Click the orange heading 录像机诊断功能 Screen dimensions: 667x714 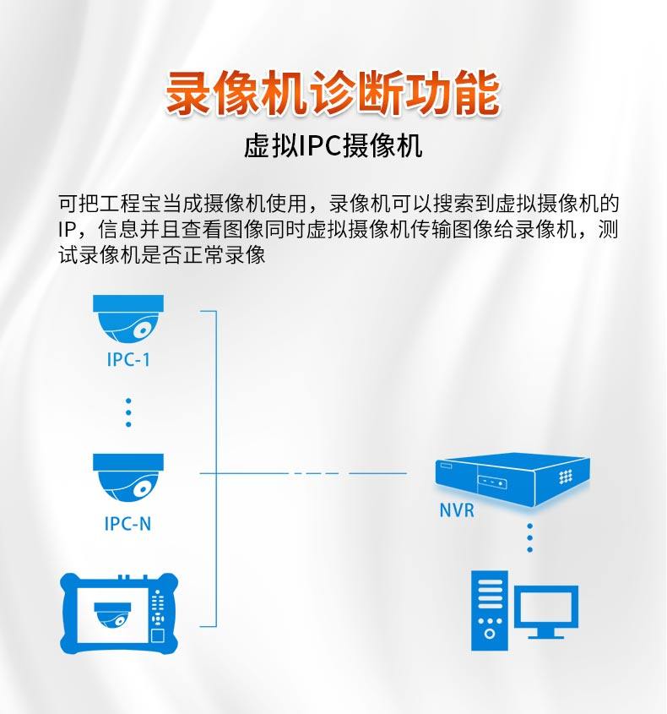click(x=333, y=94)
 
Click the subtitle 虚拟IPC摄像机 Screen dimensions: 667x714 click(x=333, y=147)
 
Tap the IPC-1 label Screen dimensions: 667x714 click(x=128, y=359)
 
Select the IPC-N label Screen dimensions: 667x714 click(x=128, y=524)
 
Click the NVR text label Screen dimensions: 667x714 click(x=457, y=510)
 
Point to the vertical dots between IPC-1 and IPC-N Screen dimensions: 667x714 click(x=128, y=412)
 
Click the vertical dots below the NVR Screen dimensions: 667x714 click(x=529, y=537)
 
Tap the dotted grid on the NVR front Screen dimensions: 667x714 click(x=565, y=477)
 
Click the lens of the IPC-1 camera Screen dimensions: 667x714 click(x=145, y=328)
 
